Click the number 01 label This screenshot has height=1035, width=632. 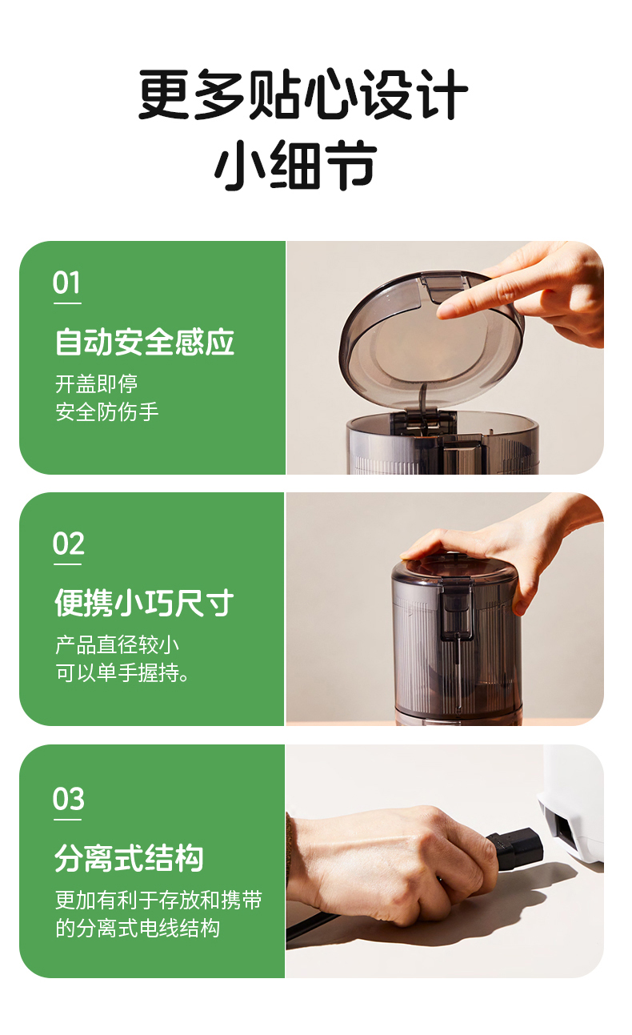[67, 283]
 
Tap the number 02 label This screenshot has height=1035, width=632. [68, 544]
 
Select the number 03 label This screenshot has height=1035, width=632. [68, 799]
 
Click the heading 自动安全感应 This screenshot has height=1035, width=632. [145, 342]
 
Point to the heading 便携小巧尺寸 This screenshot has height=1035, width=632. [144, 603]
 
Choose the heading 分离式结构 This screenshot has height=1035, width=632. [129, 857]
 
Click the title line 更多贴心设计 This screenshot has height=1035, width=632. [303, 95]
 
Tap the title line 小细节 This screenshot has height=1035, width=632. [295, 166]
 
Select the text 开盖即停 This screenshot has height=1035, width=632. [96, 384]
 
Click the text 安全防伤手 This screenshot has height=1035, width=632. [107, 412]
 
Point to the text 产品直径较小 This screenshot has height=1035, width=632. [117, 645]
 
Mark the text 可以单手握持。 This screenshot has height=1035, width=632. [123, 673]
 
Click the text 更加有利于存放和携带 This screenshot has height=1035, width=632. [158, 900]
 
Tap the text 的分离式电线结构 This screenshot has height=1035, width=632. [138, 929]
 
